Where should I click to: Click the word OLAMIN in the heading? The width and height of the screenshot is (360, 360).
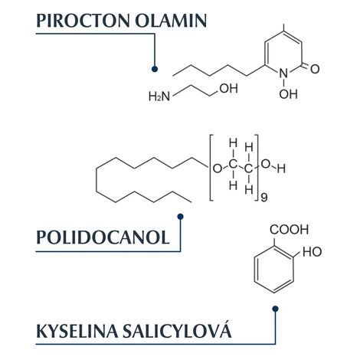click(x=171, y=21)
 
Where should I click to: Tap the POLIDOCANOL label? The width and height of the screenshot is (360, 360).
click(x=103, y=237)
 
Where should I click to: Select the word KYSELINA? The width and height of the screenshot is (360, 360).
click(x=77, y=331)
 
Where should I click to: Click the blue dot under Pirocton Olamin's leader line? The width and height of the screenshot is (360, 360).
click(x=155, y=69)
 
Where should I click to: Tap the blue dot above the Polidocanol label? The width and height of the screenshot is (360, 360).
click(x=180, y=217)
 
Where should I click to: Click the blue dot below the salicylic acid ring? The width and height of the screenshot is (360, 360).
click(x=275, y=309)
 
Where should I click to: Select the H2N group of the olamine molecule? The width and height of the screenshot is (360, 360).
click(x=159, y=97)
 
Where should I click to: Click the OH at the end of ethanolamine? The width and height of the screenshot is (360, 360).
click(x=229, y=88)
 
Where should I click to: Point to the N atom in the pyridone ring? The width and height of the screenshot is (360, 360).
click(x=283, y=74)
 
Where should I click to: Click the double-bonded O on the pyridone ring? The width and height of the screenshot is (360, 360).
click(x=315, y=69)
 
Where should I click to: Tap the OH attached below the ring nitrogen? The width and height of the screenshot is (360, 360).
click(x=288, y=94)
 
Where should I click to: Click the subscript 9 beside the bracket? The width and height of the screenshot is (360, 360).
click(x=264, y=198)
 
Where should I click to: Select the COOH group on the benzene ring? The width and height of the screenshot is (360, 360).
click(x=289, y=230)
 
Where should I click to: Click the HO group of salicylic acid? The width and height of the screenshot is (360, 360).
click(x=312, y=252)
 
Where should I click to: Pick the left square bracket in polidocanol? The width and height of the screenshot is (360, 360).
click(x=211, y=168)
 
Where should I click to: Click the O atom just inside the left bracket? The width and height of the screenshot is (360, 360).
click(x=218, y=169)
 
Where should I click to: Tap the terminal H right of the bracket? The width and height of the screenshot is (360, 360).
click(x=281, y=169)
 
